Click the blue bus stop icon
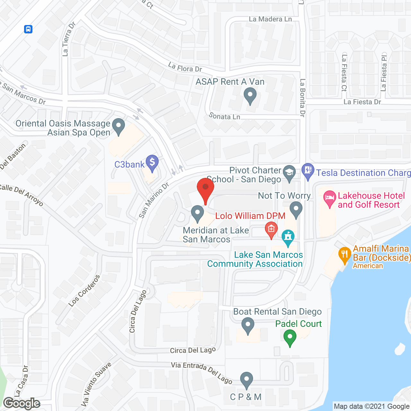pyautogui.click(x=28, y=29)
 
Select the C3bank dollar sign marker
pyautogui.click(x=152, y=163)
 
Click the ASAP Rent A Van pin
pyautogui.click(x=250, y=96)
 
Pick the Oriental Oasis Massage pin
pyautogui.click(x=118, y=126)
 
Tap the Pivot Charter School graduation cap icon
pyautogui.click(x=289, y=173)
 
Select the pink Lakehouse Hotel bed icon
pyautogui.click(x=330, y=198)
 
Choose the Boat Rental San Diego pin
pyautogui.click(x=248, y=325)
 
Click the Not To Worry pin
pyautogui.click(x=296, y=209)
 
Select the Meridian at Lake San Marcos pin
pyautogui.click(x=197, y=214)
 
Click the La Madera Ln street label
pyautogui.click(x=270, y=19)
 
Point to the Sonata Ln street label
pyautogui.click(x=224, y=116)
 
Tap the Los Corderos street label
pyautogui.click(x=84, y=291)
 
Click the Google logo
pyautogui.click(x=22, y=403)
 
